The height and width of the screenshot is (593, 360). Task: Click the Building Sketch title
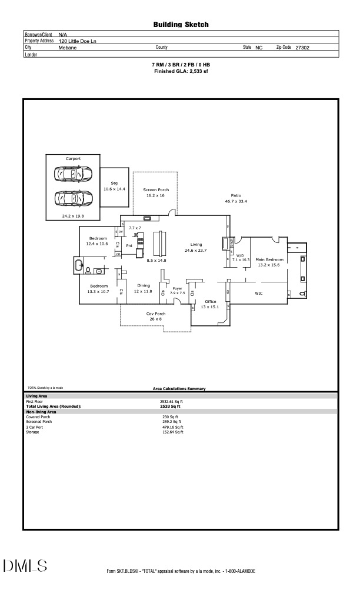click(181, 25)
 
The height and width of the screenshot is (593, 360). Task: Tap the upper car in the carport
click(72, 174)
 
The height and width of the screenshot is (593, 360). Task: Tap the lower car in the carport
click(72, 199)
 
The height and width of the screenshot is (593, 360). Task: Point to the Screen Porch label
click(156, 190)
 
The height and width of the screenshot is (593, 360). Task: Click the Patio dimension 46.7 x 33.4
click(235, 201)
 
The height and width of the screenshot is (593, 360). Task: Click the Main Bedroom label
click(269, 259)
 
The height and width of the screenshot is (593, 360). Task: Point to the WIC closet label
click(259, 292)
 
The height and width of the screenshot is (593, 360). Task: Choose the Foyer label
click(178, 288)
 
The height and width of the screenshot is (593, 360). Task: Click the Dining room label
click(143, 286)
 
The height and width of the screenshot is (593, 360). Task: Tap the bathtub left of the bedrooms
click(78, 266)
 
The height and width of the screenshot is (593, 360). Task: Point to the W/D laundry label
click(240, 255)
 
